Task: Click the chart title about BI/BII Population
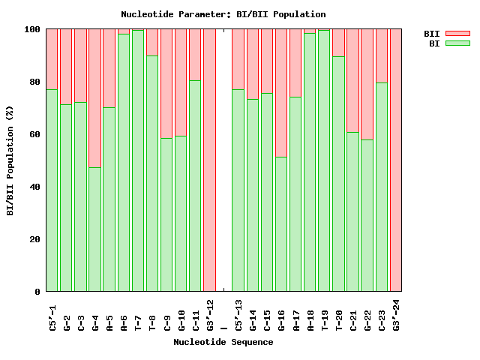point(223,14)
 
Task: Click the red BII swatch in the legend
point(457,34)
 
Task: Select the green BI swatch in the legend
point(457,43)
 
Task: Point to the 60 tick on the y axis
point(35,134)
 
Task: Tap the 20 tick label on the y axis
point(35,239)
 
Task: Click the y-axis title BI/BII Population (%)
point(10,160)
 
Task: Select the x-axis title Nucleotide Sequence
point(223,342)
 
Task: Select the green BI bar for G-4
point(95,229)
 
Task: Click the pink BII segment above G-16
point(281,93)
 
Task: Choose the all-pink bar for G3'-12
point(210,160)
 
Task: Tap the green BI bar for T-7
point(138,160)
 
